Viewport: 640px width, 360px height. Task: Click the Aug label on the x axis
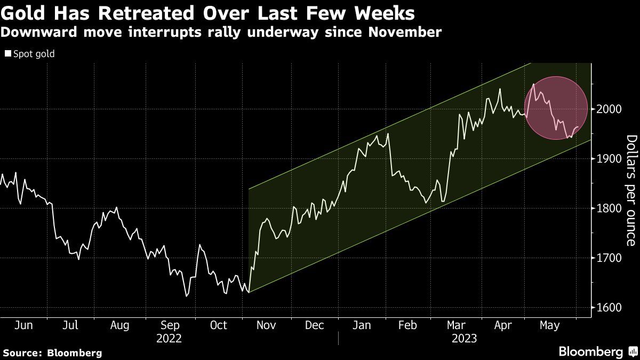[x=119, y=325]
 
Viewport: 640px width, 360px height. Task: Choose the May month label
[x=550, y=325]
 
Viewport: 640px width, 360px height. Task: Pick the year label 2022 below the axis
[x=169, y=338]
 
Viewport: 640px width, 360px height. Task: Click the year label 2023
[x=464, y=338]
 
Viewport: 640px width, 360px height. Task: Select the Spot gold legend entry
[x=30, y=54]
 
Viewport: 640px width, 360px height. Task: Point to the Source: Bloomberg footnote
[x=52, y=353]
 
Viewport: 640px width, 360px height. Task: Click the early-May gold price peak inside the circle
[x=533, y=84]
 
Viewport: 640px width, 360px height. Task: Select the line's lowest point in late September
[x=186, y=296]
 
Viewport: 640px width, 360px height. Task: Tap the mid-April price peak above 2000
[x=500, y=89]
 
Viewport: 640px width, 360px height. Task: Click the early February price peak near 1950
[x=388, y=133]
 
